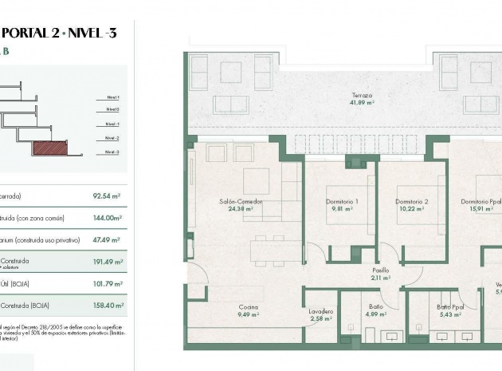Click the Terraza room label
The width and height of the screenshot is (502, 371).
click(363, 96)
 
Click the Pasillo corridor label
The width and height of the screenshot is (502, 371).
click(381, 270)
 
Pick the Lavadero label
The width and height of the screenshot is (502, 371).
click(322, 311)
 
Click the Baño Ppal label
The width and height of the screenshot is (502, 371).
click(450, 306)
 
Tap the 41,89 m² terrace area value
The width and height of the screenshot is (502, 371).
click(363, 103)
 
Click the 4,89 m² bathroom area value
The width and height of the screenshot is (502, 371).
click(376, 314)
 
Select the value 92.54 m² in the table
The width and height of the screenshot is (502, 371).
click(106, 195)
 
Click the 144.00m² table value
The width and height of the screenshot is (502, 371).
click(106, 217)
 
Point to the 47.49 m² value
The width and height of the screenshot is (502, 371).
click(106, 239)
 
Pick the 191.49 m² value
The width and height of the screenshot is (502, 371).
click(106, 261)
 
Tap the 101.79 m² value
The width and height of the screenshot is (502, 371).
click(106, 283)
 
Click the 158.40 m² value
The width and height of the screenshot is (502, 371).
click(106, 305)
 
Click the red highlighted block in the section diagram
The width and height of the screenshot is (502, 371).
click(50, 148)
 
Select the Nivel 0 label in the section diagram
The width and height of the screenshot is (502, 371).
click(112, 109)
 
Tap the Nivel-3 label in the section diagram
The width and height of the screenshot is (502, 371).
click(112, 152)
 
